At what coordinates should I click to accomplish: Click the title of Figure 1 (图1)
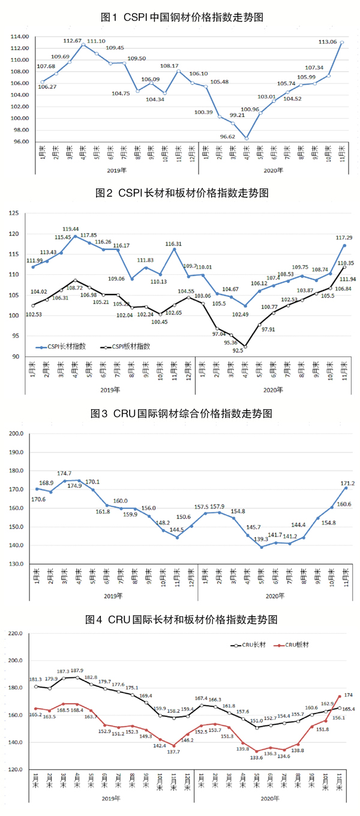(x=181, y=17)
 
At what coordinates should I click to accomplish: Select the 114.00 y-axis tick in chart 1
(x=20, y=37)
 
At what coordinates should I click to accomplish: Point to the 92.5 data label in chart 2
(x=238, y=351)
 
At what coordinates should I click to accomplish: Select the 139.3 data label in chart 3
(x=260, y=539)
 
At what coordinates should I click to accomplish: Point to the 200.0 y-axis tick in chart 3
(x=16, y=433)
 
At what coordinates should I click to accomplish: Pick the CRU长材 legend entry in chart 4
(x=247, y=645)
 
